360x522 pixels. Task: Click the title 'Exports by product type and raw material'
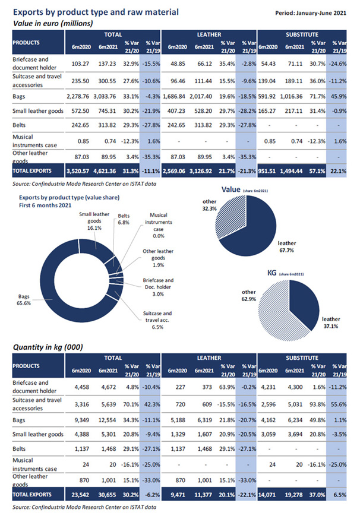[x=96, y=12]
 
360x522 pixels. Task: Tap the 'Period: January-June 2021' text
[x=311, y=13]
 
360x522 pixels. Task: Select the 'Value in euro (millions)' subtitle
[x=53, y=24]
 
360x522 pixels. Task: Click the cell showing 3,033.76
[x=105, y=97]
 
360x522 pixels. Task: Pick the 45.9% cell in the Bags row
[x=339, y=97]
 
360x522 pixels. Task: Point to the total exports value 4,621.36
[x=105, y=171]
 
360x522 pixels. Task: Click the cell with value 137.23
[x=107, y=64]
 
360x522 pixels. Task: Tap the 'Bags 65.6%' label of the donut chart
[x=24, y=300]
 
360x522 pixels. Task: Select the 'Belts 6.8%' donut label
[x=124, y=219]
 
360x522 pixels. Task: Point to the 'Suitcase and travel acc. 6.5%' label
[x=157, y=320]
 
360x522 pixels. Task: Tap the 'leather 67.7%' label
[x=287, y=246]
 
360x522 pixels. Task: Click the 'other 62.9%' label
[x=249, y=295]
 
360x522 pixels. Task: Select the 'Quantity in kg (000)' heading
[x=48, y=347]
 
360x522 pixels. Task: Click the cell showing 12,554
[x=108, y=420]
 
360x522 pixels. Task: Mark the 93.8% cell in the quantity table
[x=317, y=404]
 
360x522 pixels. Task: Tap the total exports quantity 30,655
[x=108, y=495]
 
